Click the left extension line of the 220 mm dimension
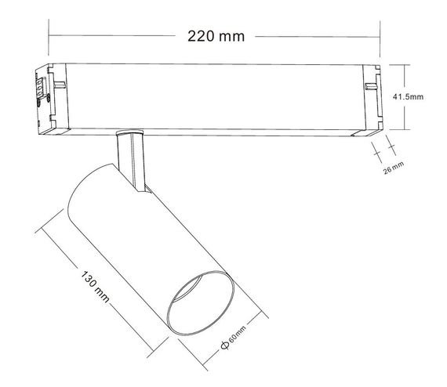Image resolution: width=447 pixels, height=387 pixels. pos(49,35)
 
